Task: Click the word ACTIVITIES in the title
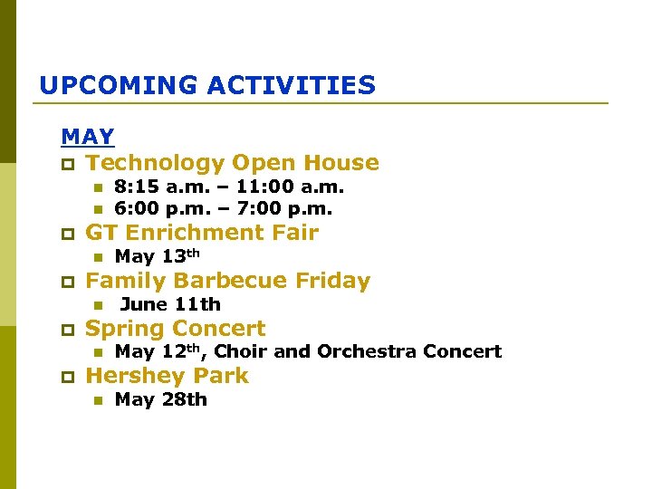(291, 86)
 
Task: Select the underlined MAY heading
(88, 138)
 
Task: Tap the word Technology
(155, 163)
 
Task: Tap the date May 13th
(157, 256)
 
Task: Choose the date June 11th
(170, 304)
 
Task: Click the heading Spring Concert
(175, 329)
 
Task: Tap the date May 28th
(160, 399)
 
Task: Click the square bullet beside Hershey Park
(66, 377)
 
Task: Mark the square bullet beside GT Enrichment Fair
(66, 234)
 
